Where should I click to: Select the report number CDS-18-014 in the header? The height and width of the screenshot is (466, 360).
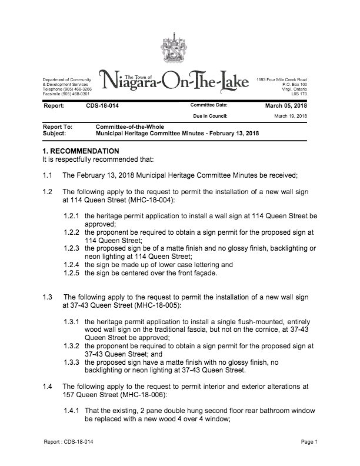[102, 106]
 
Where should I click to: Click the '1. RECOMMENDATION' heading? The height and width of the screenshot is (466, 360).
[77, 151]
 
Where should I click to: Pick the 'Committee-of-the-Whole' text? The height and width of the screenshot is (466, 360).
[126, 127]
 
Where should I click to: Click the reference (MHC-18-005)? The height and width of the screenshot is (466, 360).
[155, 305]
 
